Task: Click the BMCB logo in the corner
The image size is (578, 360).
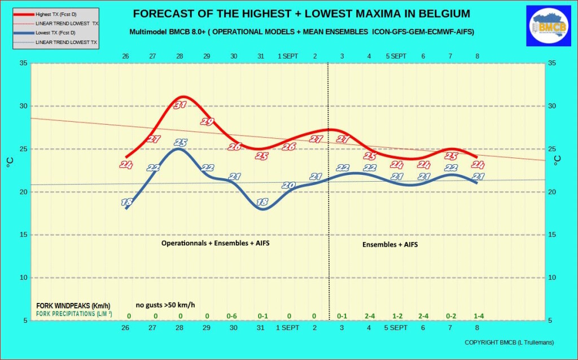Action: pos(549,26)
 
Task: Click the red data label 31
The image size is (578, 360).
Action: pos(180,104)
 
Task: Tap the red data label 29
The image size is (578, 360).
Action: pos(207,121)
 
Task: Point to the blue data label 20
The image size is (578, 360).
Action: pos(288,185)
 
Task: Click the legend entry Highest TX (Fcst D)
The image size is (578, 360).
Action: pos(56,14)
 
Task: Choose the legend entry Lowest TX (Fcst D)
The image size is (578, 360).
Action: pos(55,33)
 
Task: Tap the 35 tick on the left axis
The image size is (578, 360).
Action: pos(23,63)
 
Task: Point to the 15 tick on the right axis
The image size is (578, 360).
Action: pos(552,235)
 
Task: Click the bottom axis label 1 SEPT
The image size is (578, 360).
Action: pos(287,328)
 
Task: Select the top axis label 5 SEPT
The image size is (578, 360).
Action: pos(396,56)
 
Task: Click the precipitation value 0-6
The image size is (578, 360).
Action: pos(232,316)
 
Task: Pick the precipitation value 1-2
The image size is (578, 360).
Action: pos(397,316)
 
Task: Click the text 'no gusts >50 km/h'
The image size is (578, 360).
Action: pos(165,305)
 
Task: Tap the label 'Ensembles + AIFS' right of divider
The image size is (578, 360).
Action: pos(390,244)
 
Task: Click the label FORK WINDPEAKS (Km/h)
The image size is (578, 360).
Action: pos(73,306)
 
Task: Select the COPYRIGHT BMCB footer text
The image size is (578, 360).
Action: pos(509,343)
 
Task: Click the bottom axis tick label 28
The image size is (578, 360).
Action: pos(179,328)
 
